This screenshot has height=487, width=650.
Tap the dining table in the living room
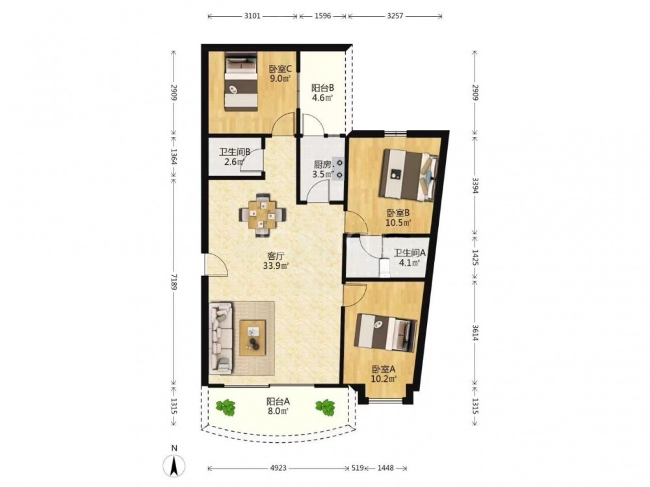262,215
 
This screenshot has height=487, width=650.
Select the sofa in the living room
220,338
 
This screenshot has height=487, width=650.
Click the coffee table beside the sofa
253,338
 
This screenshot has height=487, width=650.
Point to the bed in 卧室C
240,81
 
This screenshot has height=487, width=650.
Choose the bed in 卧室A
385,332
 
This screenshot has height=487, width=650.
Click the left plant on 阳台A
225,407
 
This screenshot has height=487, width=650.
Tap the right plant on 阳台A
325,407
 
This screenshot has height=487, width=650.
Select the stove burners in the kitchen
339,169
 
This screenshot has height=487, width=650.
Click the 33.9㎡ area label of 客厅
276,266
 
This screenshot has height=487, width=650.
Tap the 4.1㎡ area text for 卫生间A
409,262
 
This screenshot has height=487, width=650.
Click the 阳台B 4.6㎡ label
322,93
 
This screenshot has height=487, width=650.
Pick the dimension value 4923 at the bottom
278,468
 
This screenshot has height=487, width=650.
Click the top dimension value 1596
323,16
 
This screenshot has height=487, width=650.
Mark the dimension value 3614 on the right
475,331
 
